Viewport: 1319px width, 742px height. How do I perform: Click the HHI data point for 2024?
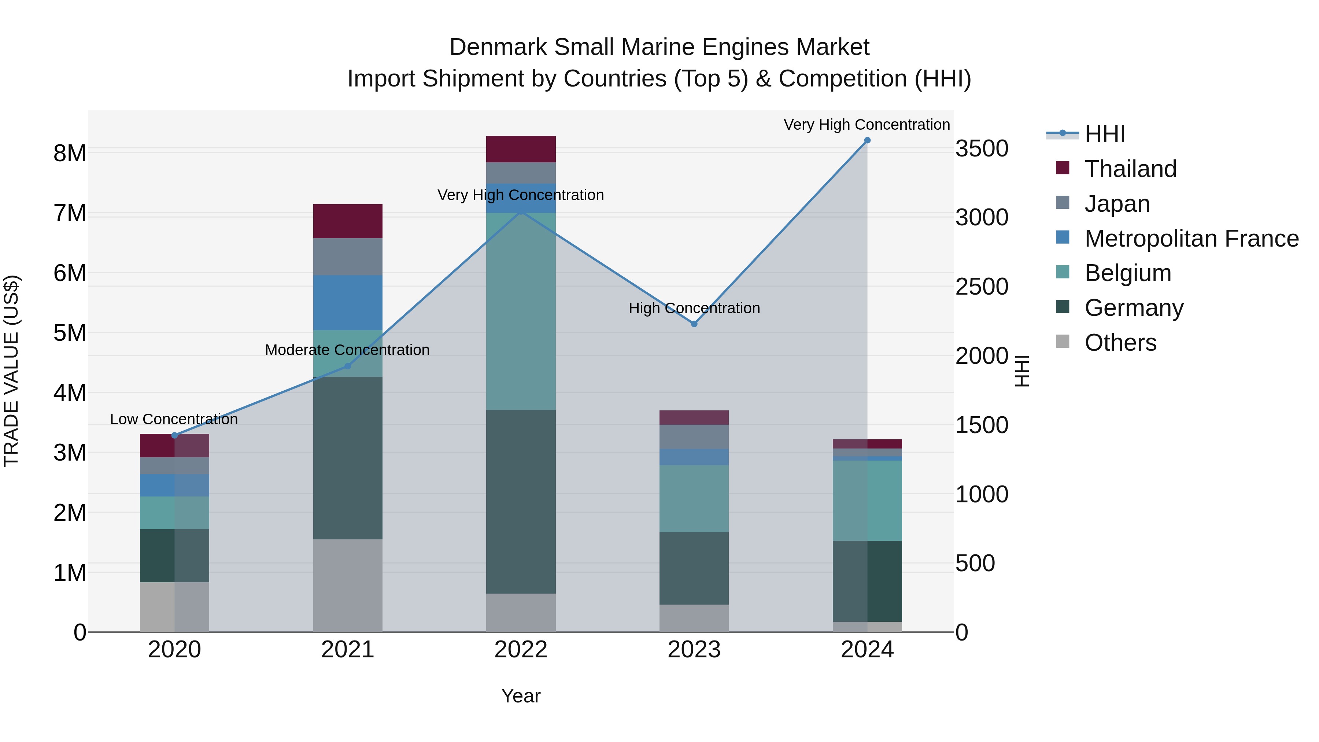(x=867, y=140)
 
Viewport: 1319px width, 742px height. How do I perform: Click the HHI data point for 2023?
(x=694, y=324)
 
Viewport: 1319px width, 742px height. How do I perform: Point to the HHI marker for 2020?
(x=175, y=435)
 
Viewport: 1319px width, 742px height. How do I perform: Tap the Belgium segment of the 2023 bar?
(x=694, y=498)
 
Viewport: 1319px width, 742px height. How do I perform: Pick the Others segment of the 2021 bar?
(x=348, y=585)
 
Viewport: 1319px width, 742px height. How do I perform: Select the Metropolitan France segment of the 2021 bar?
(x=348, y=302)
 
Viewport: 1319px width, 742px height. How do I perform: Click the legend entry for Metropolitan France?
(x=1191, y=238)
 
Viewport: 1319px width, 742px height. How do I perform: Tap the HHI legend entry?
(x=1104, y=134)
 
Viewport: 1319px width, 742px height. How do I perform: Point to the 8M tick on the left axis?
(x=70, y=153)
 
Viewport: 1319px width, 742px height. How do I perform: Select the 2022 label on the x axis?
(x=521, y=650)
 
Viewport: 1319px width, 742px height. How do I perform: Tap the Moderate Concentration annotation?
(x=347, y=350)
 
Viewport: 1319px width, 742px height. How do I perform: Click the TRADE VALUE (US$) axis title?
(x=12, y=371)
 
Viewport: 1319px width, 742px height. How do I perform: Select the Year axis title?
(x=521, y=696)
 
